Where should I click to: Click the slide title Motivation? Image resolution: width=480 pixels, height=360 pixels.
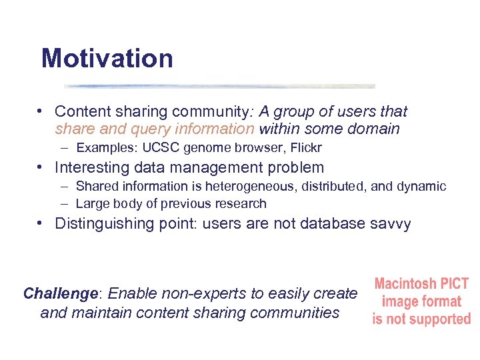(107, 59)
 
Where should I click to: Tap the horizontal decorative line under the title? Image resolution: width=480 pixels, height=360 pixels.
(220, 86)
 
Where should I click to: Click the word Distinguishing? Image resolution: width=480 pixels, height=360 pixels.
(103, 224)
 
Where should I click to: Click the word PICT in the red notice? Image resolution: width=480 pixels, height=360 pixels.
(455, 284)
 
